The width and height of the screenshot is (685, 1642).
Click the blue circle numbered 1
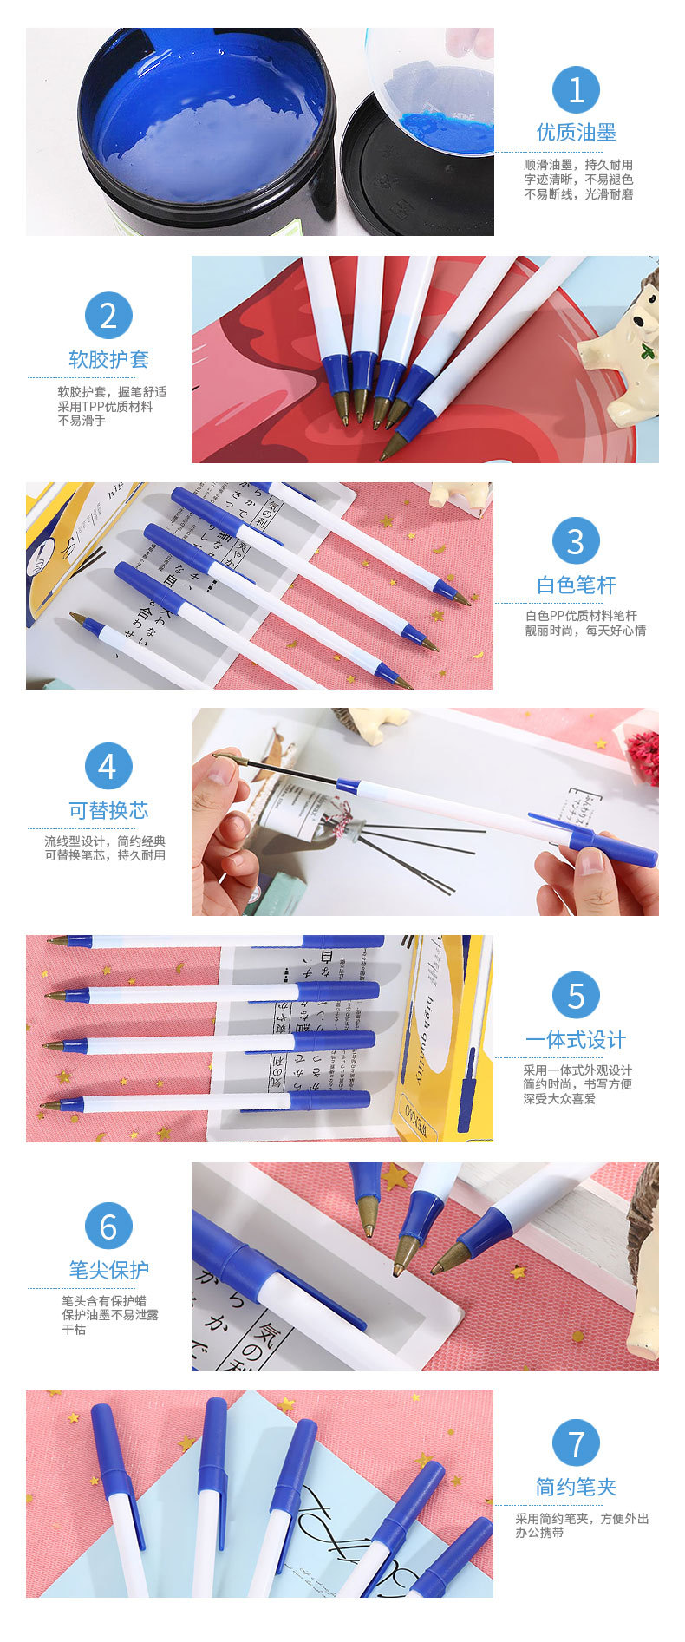576,89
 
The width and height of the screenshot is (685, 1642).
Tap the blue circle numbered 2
108,316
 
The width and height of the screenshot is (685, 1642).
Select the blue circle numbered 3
576,541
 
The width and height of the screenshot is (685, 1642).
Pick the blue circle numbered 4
108,767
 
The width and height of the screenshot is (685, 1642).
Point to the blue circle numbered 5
576,996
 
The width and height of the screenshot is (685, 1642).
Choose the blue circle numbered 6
108,1227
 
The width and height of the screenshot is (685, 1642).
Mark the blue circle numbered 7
576,1444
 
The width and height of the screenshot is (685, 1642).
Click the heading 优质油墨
576,133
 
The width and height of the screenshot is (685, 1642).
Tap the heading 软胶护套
108,359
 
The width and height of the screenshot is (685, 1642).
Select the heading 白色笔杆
576,585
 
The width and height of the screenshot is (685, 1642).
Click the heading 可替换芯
108,810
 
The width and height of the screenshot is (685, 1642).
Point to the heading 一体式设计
576,1040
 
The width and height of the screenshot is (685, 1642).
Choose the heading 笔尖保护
108,1270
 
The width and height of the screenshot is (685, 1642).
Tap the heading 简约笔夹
576,1488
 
